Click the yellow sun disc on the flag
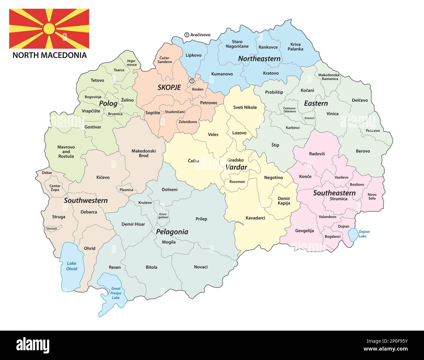(49, 29)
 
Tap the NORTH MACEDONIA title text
(50, 55)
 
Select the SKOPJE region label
(169, 87)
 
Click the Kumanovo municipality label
(222, 74)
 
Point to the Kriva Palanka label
(295, 47)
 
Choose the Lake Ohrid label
(71, 266)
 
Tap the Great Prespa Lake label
(116, 293)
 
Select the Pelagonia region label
(172, 232)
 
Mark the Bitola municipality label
(151, 267)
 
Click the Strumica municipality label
(338, 199)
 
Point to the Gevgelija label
(304, 231)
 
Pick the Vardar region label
(236, 167)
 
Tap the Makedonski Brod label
(144, 153)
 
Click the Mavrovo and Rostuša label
(66, 151)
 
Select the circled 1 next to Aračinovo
(187, 35)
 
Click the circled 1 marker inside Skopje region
(192, 81)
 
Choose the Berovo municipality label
(363, 151)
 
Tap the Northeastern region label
(259, 59)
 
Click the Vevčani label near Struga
(51, 228)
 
